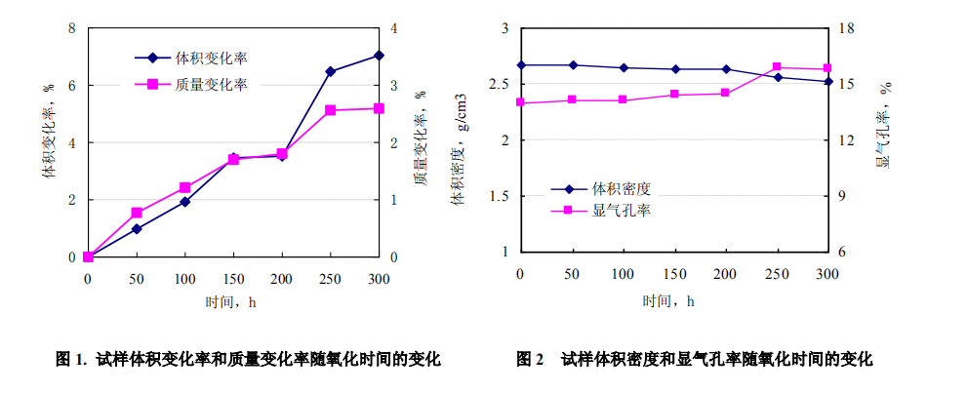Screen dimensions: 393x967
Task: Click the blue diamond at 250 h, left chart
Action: point(331,71)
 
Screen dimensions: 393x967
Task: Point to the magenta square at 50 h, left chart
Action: point(137,213)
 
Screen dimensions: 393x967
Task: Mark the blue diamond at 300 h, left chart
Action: point(379,56)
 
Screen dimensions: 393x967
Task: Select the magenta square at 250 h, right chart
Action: point(778,67)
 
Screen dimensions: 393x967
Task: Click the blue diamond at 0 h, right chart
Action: point(520,65)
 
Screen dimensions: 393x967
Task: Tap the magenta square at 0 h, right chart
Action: point(520,102)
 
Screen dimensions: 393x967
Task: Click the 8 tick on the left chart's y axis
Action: point(71,28)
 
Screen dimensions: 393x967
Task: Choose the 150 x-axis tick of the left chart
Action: point(233,279)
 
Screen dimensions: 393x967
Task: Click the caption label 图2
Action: point(529,360)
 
